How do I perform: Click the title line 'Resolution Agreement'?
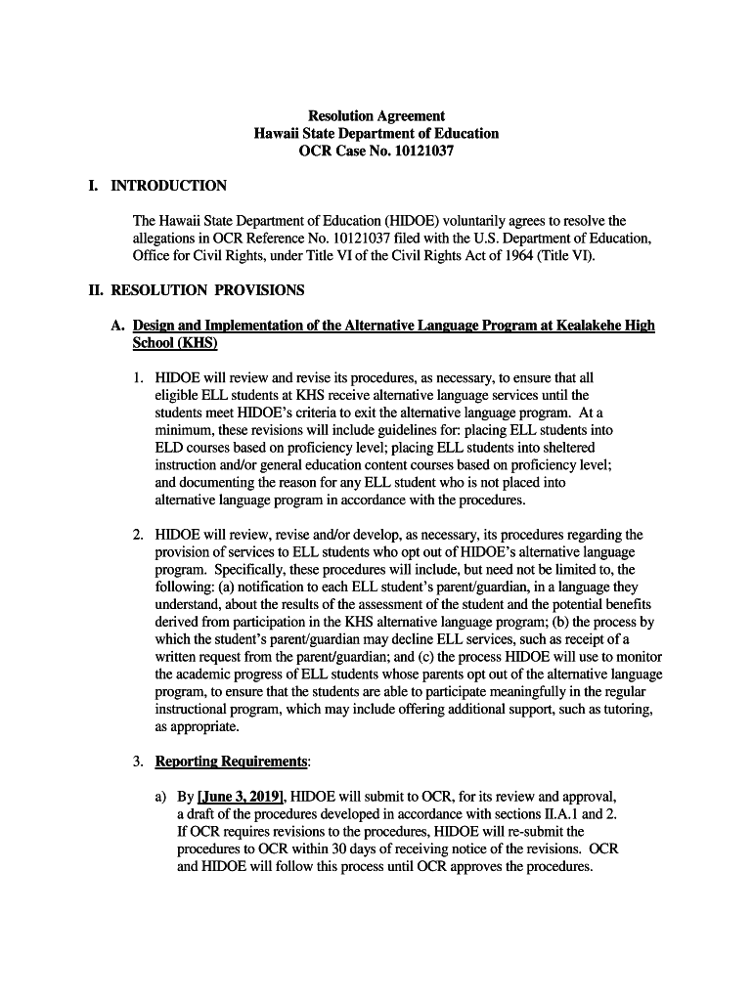376,115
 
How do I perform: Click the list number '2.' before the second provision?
139,536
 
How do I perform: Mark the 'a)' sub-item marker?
161,797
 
